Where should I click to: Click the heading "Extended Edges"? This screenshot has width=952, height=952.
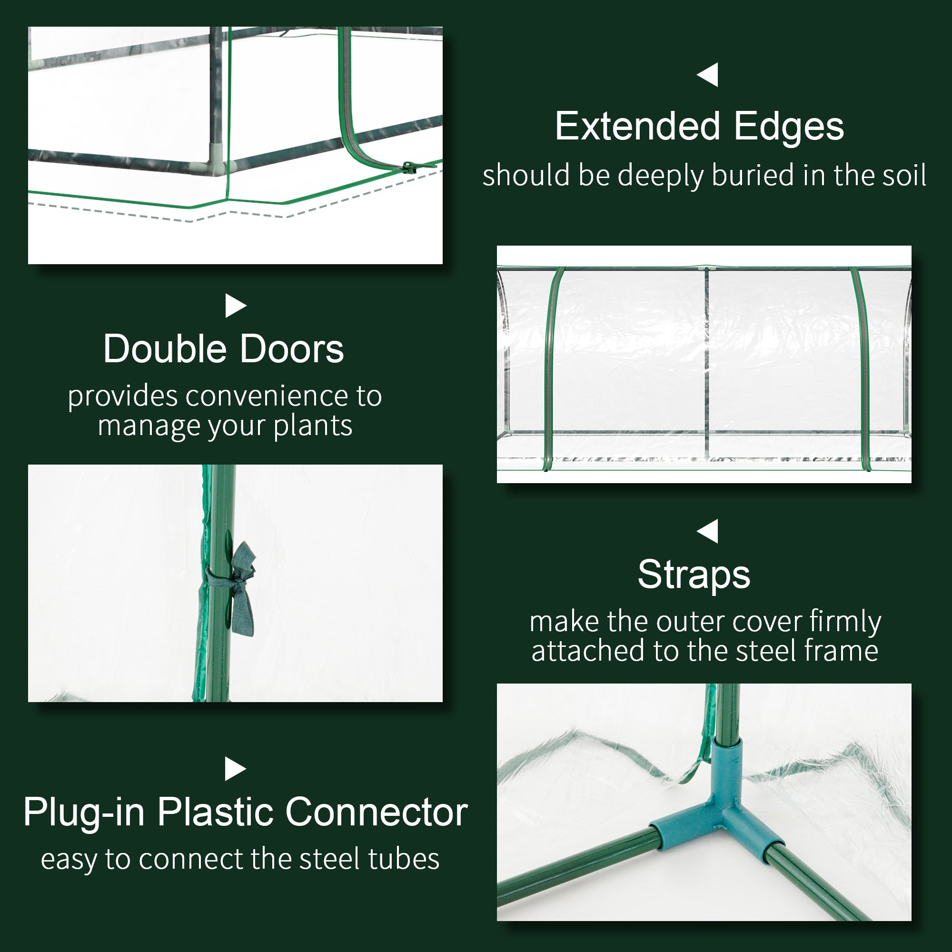pos(699,127)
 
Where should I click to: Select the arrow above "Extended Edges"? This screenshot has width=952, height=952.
pos(708,75)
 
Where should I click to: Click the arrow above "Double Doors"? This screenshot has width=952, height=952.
pos(235,306)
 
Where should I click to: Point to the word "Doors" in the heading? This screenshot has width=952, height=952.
pos(292,349)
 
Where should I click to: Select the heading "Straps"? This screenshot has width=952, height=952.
pos(694,575)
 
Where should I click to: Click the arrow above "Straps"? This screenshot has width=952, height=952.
pos(708,531)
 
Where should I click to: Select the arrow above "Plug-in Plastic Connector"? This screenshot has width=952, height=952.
pos(235,769)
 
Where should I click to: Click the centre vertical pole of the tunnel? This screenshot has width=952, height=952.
pos(706,360)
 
